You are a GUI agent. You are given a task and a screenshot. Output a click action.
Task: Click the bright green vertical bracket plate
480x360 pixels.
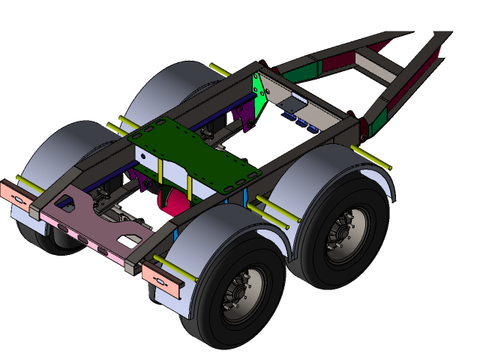point(260,96)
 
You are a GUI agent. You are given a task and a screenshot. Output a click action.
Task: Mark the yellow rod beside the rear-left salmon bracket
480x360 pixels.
point(30,184)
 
